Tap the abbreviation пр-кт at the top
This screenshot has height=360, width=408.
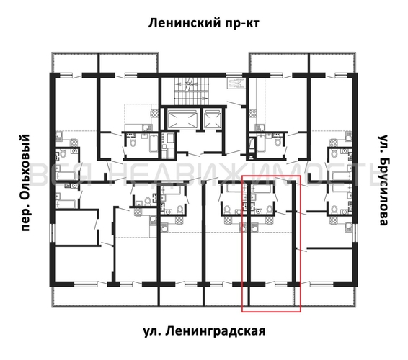(x=239, y=23)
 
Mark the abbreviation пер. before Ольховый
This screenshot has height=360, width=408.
(x=26, y=217)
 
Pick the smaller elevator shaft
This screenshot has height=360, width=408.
(x=214, y=118)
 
